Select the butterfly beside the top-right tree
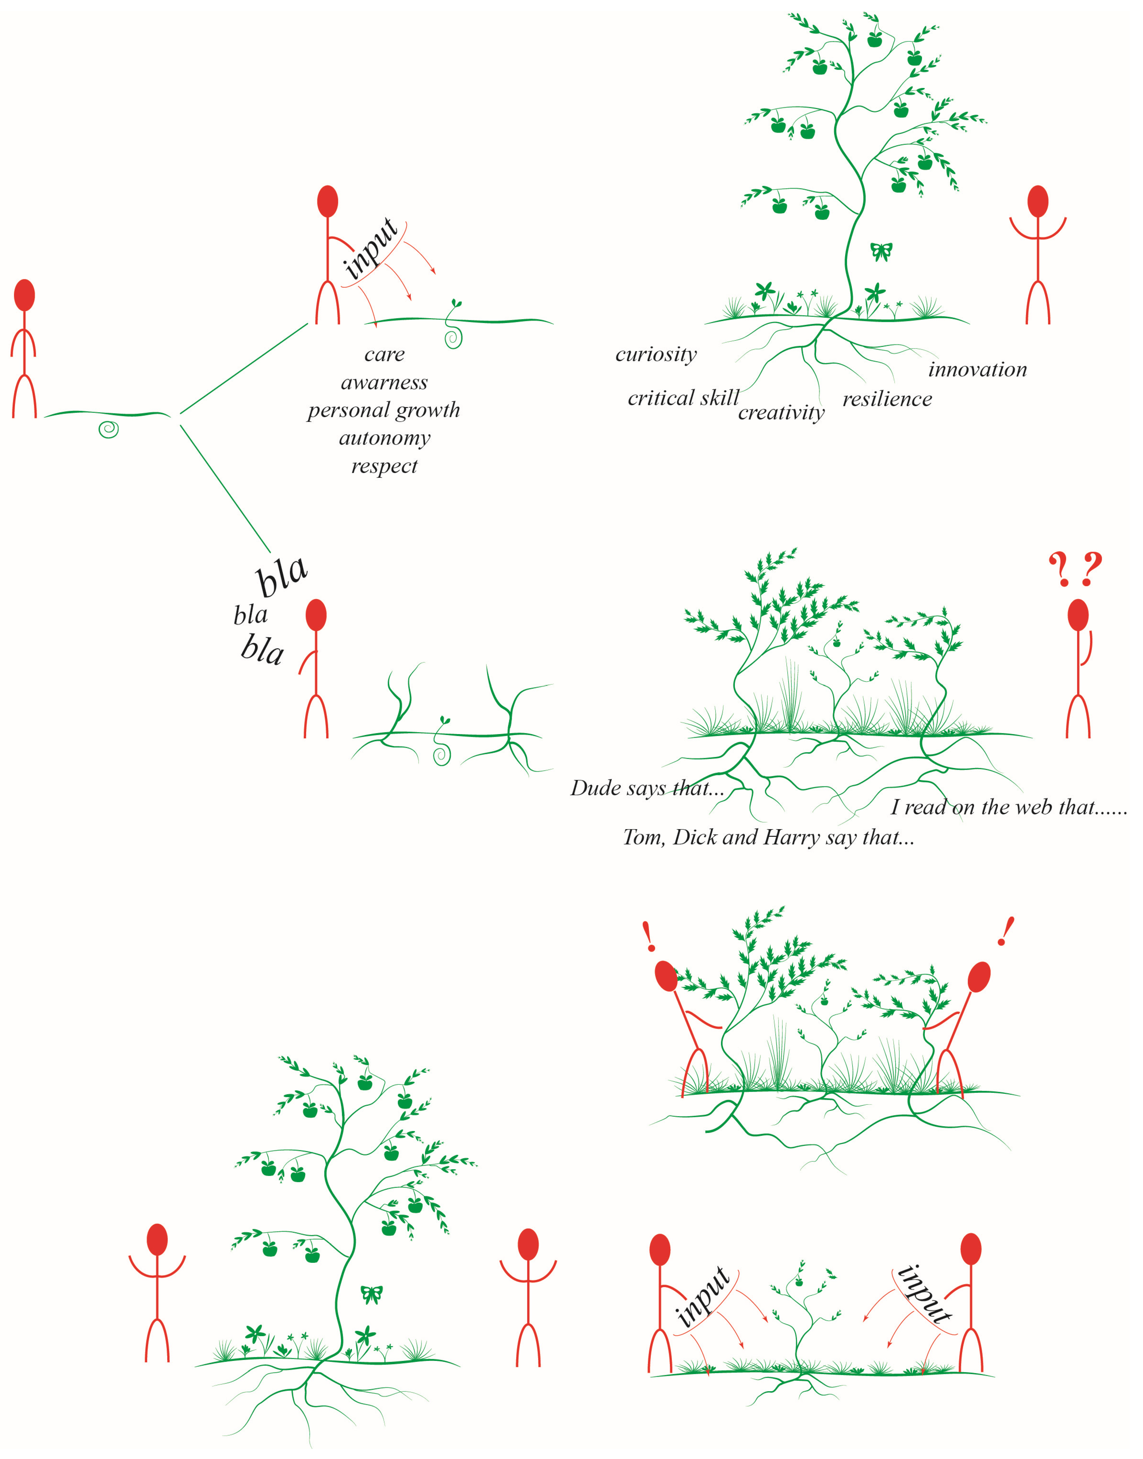pos(881,252)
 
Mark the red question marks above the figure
pos(1075,569)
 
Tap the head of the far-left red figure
pos(24,295)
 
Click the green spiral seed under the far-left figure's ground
pos(108,429)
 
